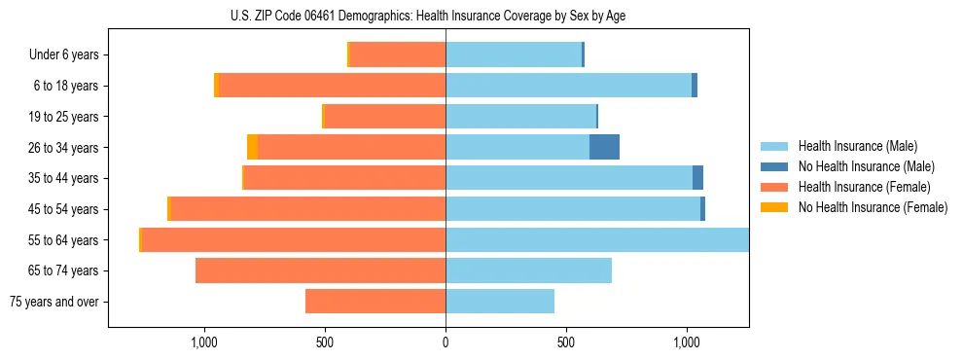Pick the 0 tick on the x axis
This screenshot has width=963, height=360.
tap(446, 342)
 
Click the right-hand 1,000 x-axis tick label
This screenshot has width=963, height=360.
tap(687, 342)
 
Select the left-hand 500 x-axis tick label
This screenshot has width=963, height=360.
tap(325, 342)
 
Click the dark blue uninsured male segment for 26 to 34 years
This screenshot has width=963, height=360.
tap(604, 148)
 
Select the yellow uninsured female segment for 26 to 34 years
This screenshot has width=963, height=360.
tap(253, 148)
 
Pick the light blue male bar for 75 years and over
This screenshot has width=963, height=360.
tap(500, 302)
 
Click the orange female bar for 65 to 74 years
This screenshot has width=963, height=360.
tap(320, 270)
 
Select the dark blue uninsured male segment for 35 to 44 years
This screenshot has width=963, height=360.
tap(697, 178)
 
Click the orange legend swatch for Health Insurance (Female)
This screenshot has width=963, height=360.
tap(774, 187)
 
